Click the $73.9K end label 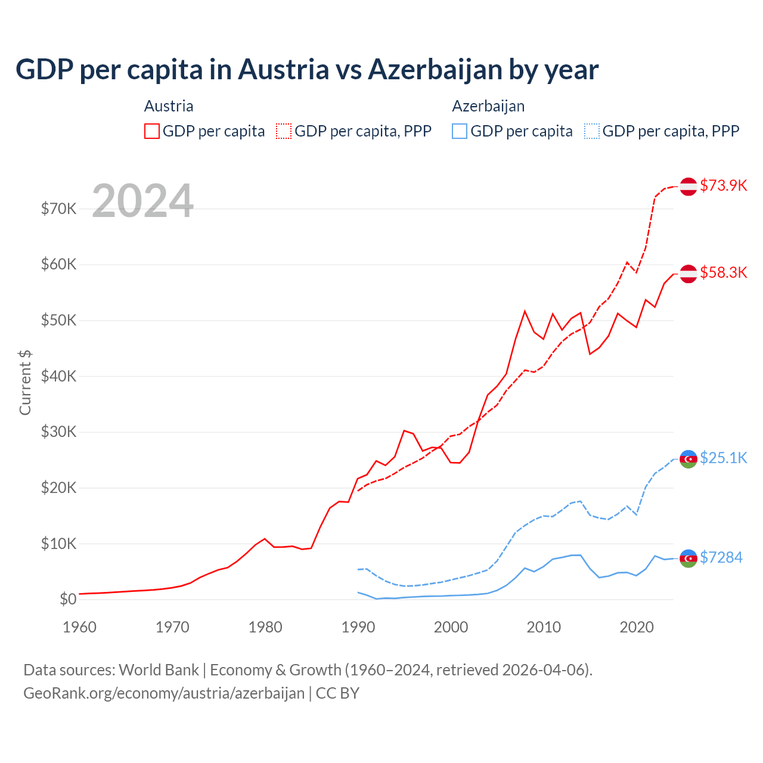point(723,185)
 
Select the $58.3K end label point(723,272)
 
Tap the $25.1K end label point(723,458)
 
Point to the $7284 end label point(721,557)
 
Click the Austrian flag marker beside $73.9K point(688,186)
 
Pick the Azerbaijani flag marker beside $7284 point(688,558)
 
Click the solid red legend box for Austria point(152,131)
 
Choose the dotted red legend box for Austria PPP point(284,131)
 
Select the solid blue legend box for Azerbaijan point(460,131)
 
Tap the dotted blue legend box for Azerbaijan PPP point(592,131)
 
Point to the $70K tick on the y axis point(58,209)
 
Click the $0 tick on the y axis point(68,600)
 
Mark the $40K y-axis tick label point(58,376)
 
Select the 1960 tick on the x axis point(79,627)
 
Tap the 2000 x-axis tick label point(451,627)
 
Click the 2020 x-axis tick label point(637,627)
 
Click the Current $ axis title point(25,382)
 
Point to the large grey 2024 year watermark point(142,201)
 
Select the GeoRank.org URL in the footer point(164,693)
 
